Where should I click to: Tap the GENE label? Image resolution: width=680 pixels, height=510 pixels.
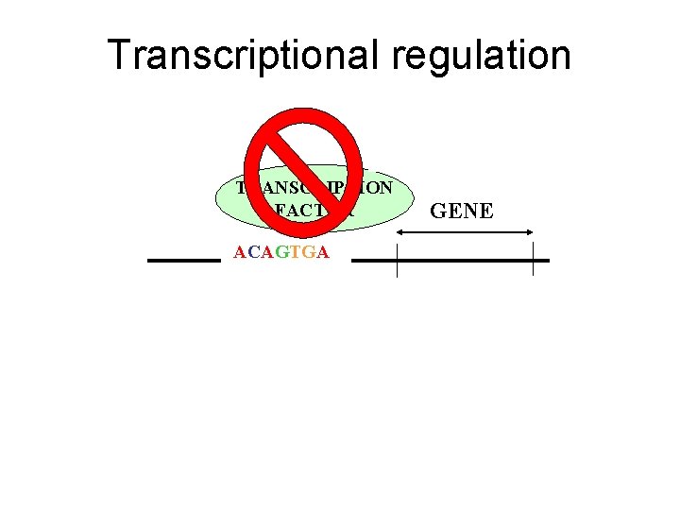(x=462, y=211)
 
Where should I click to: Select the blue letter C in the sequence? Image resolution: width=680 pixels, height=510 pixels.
(x=254, y=253)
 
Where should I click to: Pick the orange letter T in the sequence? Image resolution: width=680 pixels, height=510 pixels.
(x=296, y=253)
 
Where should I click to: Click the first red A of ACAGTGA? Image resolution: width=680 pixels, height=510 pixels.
(x=240, y=253)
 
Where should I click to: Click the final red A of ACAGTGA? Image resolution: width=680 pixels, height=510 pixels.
(x=323, y=253)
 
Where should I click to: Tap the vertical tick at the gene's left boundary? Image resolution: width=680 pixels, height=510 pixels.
(x=398, y=259)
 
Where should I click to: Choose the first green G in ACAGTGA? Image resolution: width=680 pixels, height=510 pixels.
(x=282, y=253)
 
